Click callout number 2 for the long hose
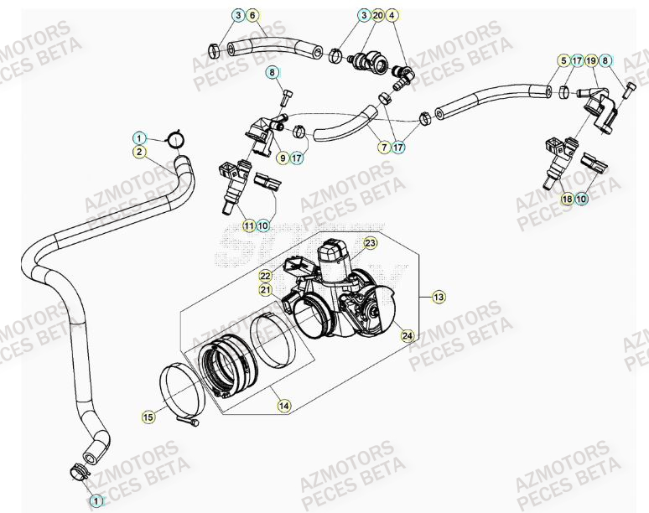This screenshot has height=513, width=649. (x=139, y=152)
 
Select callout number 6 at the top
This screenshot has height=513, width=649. (x=253, y=15)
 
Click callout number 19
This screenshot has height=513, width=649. (x=590, y=60)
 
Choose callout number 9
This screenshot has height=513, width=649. (x=283, y=157)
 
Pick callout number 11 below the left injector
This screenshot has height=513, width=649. (x=248, y=225)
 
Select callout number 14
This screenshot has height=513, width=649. (x=283, y=406)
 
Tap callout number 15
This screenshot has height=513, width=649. (x=148, y=416)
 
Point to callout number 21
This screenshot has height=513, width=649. (x=265, y=289)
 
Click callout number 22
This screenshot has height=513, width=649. (x=265, y=275)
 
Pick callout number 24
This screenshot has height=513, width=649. (x=407, y=336)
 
